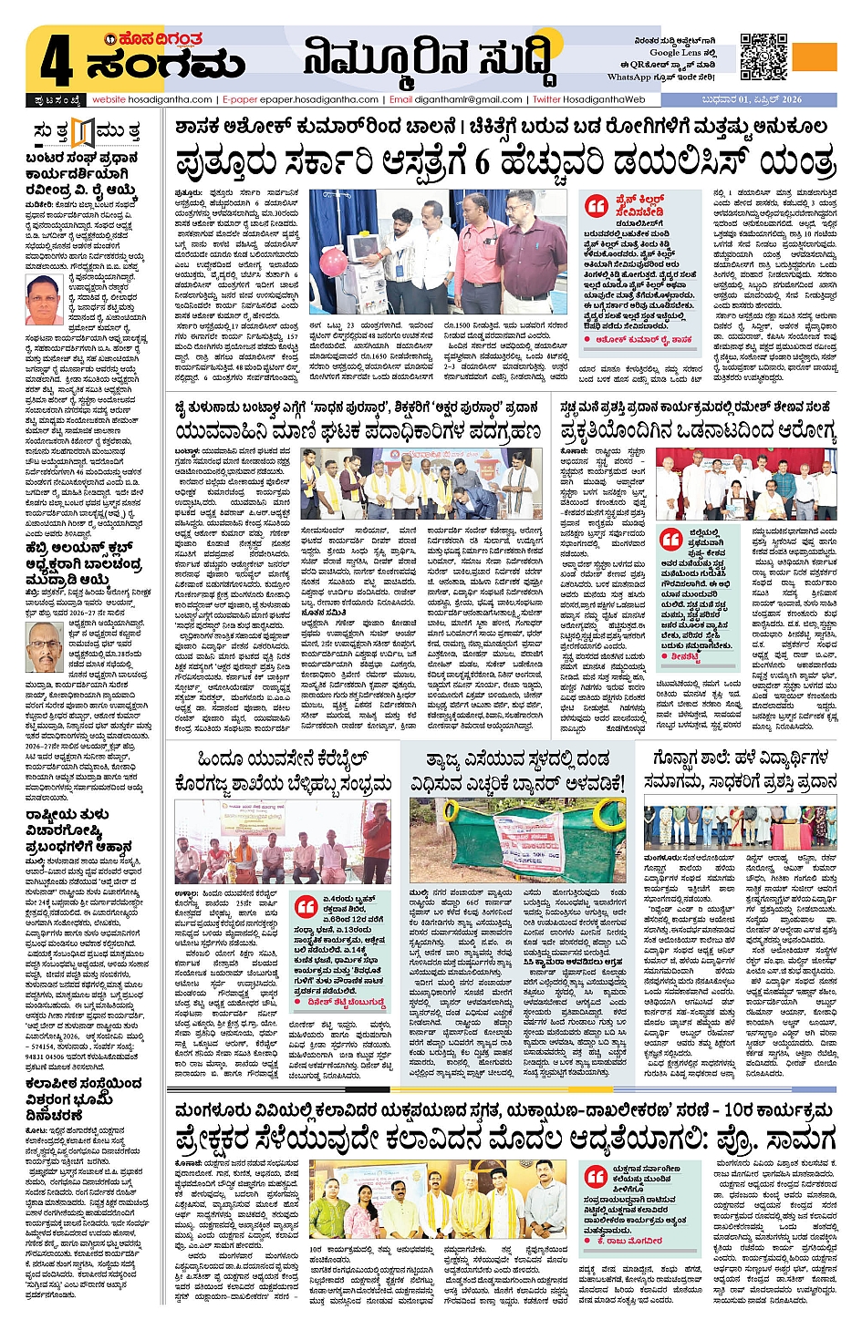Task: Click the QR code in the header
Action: pos(763,57)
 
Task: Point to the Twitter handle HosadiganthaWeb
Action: pos(603,99)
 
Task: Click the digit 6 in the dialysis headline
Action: pos(483,162)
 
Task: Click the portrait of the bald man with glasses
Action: pos(43,648)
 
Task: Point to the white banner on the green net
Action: pos(528,844)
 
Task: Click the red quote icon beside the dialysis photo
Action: pos(597,206)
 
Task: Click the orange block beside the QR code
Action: pos(814,56)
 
